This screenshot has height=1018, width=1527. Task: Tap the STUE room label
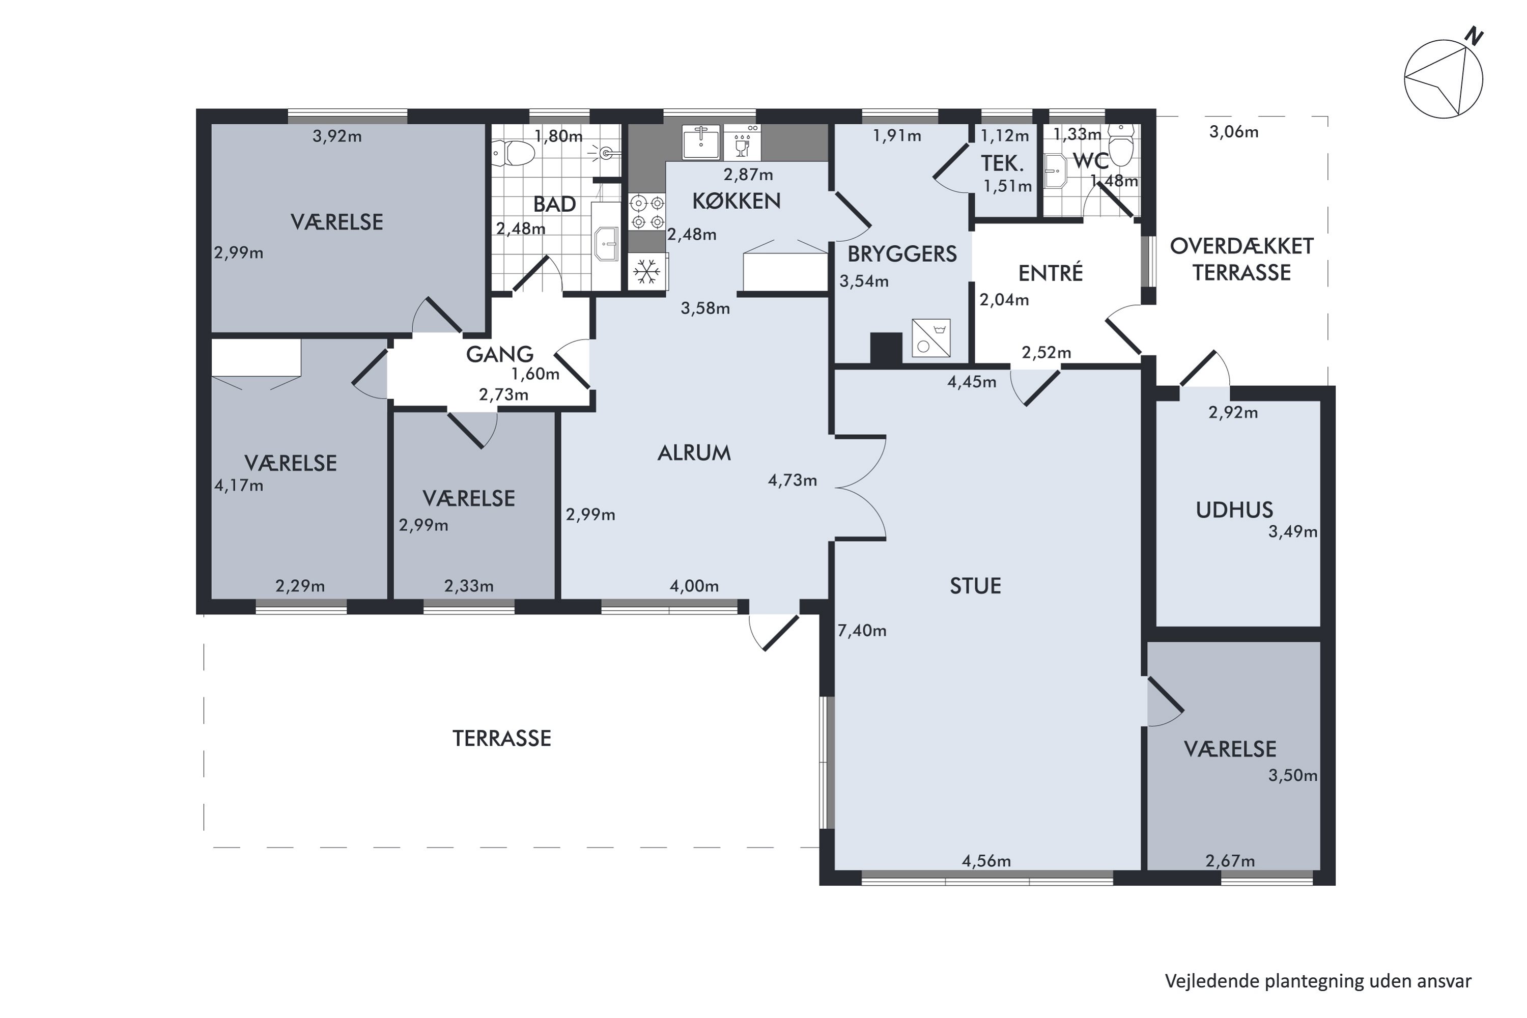[975, 586]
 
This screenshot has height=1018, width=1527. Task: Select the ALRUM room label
[694, 453]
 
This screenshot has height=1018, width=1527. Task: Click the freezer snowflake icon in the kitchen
[646, 271]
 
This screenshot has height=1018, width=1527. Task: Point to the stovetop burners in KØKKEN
[646, 212]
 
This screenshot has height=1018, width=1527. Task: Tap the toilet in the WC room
[1121, 145]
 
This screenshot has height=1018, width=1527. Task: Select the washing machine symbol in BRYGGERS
[931, 337]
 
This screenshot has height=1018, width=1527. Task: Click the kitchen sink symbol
[701, 142]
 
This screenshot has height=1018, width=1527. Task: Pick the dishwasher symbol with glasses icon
[742, 142]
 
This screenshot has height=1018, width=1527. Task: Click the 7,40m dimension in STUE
[862, 631]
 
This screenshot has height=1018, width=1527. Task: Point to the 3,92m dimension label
[337, 136]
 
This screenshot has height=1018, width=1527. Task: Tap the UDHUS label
[1234, 511]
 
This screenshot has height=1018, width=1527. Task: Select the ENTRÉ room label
[1051, 273]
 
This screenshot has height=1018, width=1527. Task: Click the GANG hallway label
[499, 354]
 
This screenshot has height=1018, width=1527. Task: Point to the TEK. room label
[1002, 163]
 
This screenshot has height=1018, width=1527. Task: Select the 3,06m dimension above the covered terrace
[1233, 132]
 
